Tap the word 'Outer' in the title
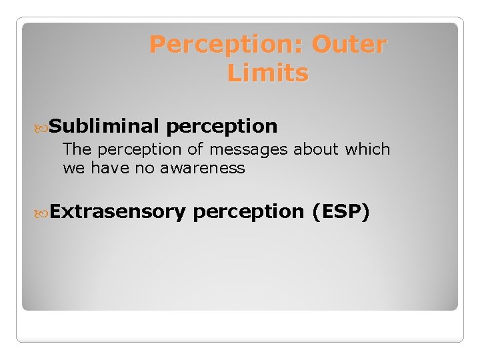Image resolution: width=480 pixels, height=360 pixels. point(349,45)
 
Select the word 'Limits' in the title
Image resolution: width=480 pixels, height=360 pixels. point(268,73)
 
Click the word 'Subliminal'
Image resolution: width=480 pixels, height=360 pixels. point(104,125)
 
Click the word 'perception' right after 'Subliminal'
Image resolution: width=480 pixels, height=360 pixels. point(222,126)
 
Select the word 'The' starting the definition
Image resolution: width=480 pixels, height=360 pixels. point(75,149)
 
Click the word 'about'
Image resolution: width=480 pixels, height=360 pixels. point(317,149)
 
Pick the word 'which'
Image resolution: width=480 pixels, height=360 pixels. point(367,149)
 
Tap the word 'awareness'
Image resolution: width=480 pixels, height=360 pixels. point(203,168)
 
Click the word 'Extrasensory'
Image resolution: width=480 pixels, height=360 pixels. point(117,211)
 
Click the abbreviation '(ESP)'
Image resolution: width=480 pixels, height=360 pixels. point(340,212)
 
